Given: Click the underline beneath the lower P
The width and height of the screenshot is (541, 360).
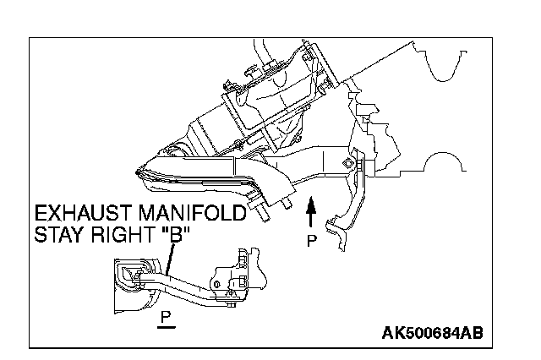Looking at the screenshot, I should coord(166,325).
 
